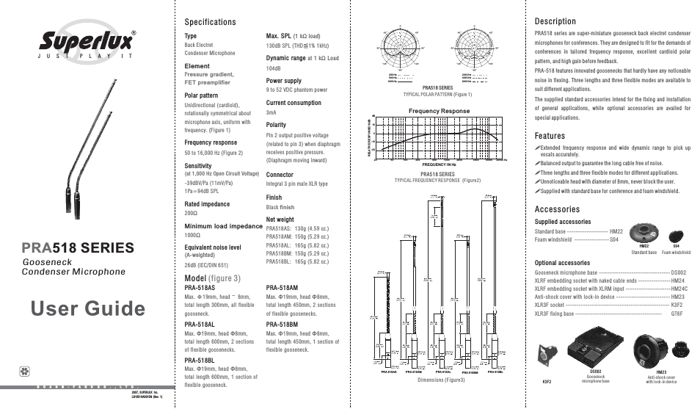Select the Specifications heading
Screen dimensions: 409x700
[210, 22]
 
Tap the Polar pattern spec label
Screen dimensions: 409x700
[201, 95]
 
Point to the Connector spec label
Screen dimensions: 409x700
[280, 175]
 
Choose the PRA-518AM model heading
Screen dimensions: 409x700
[282, 288]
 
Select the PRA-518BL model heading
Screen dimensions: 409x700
[200, 361]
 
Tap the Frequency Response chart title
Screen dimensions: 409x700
[439, 111]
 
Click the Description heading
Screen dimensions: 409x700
[555, 21]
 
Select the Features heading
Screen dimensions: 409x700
[550, 136]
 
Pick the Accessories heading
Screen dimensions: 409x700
[558, 209]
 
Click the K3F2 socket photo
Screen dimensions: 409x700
[547, 352]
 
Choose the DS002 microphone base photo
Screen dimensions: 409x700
[595, 349]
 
